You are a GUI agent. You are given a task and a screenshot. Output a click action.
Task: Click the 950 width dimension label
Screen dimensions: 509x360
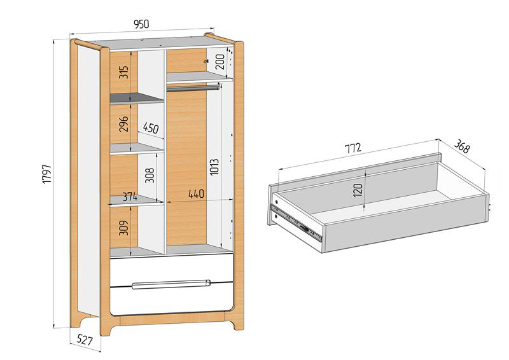pos(141,24)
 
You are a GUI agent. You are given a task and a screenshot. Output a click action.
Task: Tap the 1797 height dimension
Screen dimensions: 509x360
pos(47,174)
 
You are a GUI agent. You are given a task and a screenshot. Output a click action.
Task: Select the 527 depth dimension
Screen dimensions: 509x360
pos(85,340)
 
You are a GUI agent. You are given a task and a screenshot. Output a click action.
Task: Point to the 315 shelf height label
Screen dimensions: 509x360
pos(123,72)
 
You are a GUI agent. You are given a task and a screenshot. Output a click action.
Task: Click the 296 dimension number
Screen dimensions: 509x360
pos(123,123)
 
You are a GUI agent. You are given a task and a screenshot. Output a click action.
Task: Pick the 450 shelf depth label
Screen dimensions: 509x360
pos(151,128)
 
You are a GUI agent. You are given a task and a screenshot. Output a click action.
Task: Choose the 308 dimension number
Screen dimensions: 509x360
pos(150,176)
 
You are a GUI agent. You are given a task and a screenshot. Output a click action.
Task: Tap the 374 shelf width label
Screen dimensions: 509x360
pos(130,197)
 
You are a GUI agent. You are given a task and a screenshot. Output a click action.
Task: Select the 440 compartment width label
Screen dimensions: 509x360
pos(197,194)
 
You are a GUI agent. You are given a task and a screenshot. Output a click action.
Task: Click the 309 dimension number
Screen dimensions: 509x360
pos(123,228)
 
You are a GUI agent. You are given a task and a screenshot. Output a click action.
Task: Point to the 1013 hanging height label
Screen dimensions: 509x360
pos(214,167)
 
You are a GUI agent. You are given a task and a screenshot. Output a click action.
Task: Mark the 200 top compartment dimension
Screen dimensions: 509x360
pos(220,62)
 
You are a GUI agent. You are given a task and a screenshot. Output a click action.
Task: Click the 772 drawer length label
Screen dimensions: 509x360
pos(353,148)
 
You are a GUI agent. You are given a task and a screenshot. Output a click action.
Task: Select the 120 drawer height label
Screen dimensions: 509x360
pos(358,190)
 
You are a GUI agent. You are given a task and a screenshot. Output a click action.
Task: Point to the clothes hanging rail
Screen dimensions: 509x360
pos(194,87)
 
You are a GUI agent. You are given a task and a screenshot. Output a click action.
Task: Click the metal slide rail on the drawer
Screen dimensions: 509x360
pos(296,223)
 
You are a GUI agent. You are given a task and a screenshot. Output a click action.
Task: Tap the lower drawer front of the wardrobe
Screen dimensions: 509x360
pos(171,300)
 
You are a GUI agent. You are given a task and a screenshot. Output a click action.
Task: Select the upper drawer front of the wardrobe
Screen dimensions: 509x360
pos(171,271)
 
